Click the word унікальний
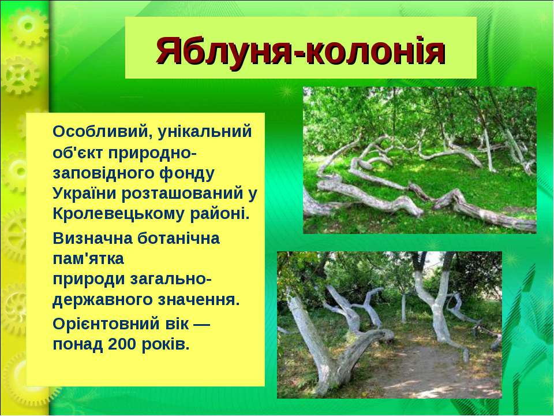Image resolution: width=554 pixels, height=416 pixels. pyautogui.click(x=205, y=132)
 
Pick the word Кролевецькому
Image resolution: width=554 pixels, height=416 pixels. pyautogui.click(x=119, y=214)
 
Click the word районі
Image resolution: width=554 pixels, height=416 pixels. pyautogui.click(x=220, y=214)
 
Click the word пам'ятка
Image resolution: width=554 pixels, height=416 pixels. pyautogui.click(x=88, y=259)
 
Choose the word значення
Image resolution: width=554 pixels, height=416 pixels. pyautogui.click(x=199, y=300)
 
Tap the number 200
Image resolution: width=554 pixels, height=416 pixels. pyautogui.click(x=122, y=344)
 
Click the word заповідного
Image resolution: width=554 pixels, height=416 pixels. pyautogui.click(x=103, y=173)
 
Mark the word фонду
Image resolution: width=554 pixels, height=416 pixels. pyautogui.click(x=187, y=173)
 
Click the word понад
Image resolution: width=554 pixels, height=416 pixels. pyautogui.click(x=78, y=344)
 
